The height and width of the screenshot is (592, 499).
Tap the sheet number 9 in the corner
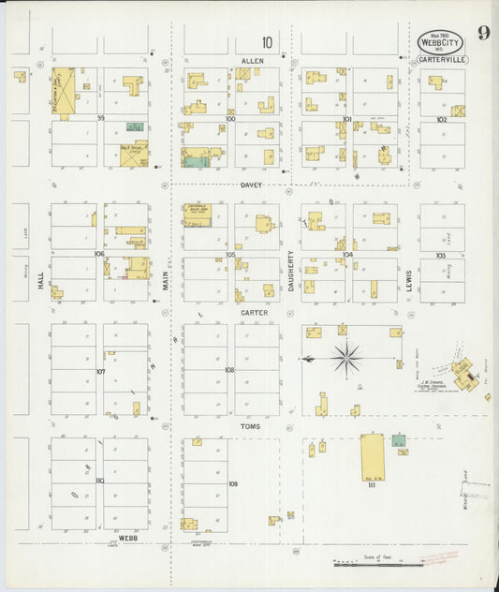483,34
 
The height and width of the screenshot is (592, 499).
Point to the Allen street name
253,60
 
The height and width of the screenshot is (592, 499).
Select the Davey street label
250,185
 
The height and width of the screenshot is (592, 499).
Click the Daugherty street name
291,271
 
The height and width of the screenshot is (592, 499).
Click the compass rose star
346,357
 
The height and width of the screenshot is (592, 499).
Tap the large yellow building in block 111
373,459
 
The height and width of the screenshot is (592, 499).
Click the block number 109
233,484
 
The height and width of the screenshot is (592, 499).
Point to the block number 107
100,372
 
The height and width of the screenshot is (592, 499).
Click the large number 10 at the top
268,41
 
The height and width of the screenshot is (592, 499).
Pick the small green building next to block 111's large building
399,439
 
